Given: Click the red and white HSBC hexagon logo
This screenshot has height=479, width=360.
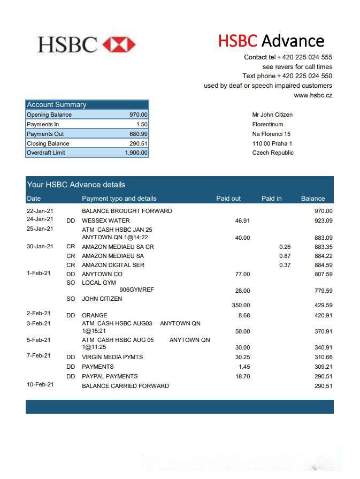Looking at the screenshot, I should pos(119,44).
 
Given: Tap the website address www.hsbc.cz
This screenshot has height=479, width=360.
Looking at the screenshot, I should pos(313,95).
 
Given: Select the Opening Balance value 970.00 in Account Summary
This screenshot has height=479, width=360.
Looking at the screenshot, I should pos(139,115).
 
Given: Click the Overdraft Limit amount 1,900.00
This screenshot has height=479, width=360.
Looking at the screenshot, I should pos(136,153).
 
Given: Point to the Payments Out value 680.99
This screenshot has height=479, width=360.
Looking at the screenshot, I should pos(139,134).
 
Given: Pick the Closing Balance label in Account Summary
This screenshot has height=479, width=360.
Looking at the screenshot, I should pos(48,143).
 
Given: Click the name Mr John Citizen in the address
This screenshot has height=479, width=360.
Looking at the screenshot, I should pos(272,115).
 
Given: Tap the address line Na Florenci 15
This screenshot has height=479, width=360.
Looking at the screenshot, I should pos(271,134).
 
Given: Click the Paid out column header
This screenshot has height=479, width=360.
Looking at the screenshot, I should pos(228,199).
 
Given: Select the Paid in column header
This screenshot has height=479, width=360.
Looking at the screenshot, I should pos(271,199).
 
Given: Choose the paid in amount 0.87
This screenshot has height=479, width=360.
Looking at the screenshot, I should pos(285,256).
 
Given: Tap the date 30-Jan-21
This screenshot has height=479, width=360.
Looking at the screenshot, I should pos(40,246).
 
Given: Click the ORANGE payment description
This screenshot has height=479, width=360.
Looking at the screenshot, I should pos(94,315).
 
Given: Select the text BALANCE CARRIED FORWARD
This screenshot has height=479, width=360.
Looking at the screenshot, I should pos(125,386).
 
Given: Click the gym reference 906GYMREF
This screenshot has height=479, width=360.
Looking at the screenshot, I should pos(136,290).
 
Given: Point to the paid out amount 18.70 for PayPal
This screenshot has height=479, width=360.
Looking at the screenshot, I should pos(242,376).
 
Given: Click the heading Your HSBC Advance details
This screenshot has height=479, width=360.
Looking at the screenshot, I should pos(76,185).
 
